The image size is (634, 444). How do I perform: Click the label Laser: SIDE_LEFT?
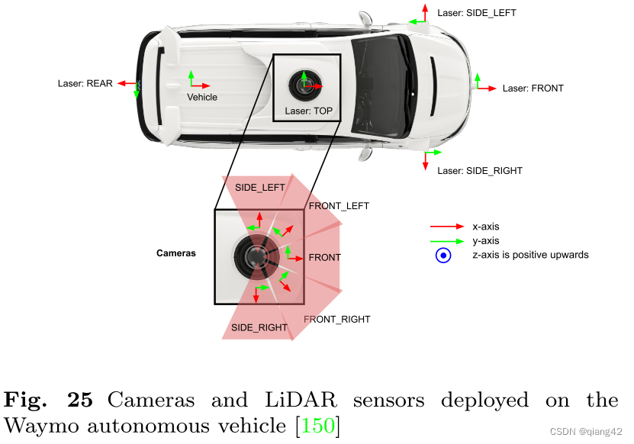point(478,13)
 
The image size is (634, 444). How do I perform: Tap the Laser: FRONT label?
point(533,88)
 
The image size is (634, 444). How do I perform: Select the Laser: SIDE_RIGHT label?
point(479,171)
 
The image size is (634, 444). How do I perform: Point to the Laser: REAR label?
point(85,84)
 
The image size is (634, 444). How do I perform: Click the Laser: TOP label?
point(308,111)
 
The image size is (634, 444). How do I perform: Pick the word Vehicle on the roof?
point(202,98)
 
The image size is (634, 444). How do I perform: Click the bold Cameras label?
point(175,253)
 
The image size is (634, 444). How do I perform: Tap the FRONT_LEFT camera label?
point(338,206)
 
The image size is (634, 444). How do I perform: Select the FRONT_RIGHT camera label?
point(336,320)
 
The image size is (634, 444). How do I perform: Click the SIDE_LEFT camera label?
point(259,188)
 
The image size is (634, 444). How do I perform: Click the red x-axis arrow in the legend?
point(446,227)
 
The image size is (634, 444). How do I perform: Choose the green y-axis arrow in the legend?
point(446,241)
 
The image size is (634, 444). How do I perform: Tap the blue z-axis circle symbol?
point(443,256)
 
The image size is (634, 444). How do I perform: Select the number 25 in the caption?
point(79,399)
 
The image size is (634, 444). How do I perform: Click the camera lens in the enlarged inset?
point(257,257)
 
